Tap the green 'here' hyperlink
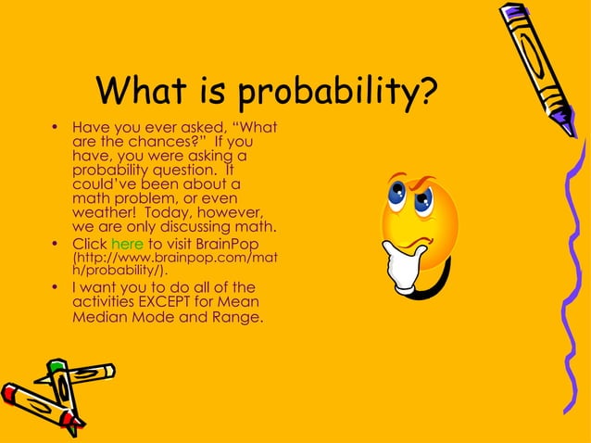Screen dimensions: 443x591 point(127,244)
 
